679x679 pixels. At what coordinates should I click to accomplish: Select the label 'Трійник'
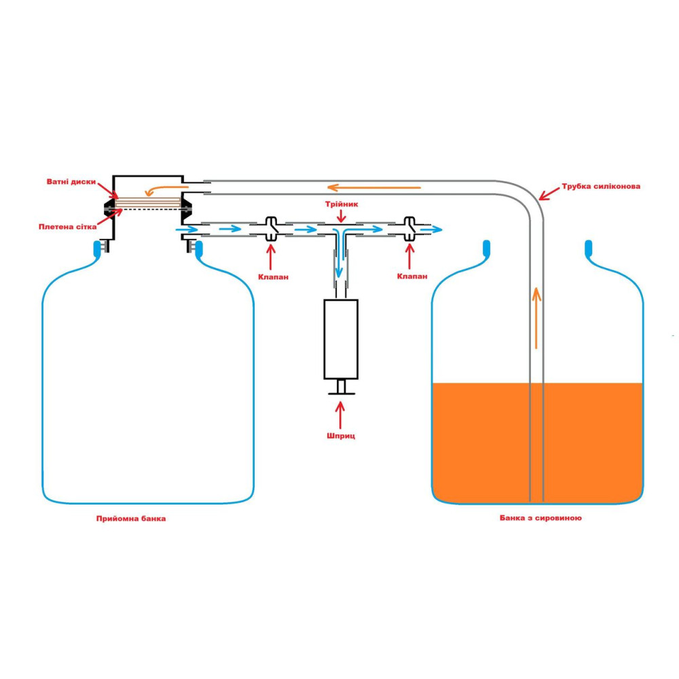(x=341, y=203)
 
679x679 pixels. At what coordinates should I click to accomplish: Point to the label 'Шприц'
(x=341, y=435)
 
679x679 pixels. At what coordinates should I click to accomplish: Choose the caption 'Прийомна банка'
(x=131, y=518)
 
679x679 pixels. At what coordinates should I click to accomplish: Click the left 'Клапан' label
(x=272, y=276)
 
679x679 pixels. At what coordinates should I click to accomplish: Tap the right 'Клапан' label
(x=409, y=276)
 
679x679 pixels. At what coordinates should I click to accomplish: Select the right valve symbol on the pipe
(x=409, y=229)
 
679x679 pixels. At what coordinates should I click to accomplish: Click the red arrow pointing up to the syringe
(x=341, y=413)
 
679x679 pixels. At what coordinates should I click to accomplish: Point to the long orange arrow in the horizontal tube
(x=373, y=187)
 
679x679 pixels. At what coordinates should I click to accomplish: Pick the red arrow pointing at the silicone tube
(x=550, y=194)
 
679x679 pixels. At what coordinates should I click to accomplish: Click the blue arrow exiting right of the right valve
(x=432, y=230)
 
